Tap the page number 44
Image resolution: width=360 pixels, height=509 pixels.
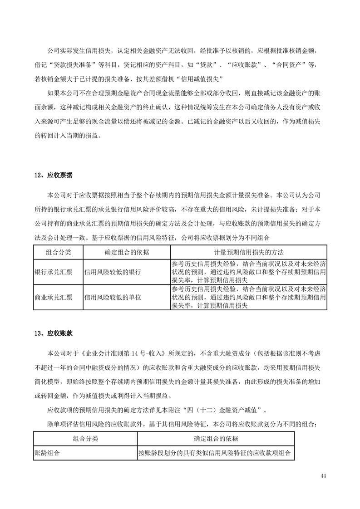click(x=323, y=475)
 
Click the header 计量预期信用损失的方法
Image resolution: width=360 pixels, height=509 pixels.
click(x=249, y=252)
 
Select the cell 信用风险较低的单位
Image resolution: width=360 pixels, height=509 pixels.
click(x=113, y=298)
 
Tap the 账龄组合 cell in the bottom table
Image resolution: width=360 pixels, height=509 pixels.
click(x=47, y=453)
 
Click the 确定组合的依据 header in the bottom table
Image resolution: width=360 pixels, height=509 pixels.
click(x=216, y=439)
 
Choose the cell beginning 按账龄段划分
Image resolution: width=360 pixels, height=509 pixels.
click(x=215, y=453)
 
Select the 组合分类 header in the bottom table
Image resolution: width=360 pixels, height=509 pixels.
click(x=85, y=439)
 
